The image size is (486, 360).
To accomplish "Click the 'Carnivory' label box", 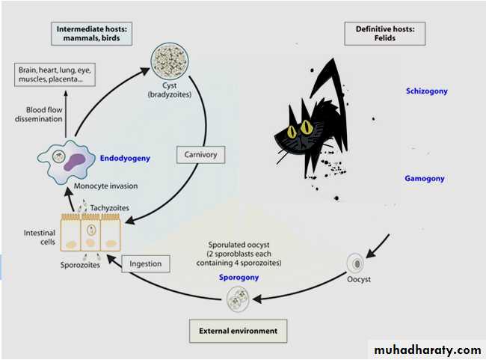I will [197, 155].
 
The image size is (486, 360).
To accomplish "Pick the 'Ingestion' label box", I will [143, 263].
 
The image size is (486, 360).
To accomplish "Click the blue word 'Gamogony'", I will [425, 178].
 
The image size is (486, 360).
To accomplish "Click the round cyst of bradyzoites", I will [169, 61].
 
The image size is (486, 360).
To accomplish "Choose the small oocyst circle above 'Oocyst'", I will [357, 263].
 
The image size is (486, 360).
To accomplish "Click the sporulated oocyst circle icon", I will [239, 301].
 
